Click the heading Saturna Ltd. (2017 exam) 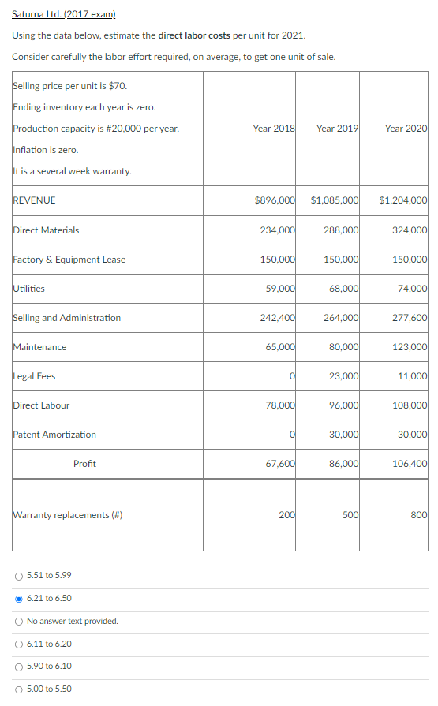(x=64, y=15)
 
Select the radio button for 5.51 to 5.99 (x=18, y=576)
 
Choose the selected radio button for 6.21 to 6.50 (x=18, y=598)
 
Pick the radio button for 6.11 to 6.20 (x=18, y=644)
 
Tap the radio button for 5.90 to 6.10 (x=18, y=666)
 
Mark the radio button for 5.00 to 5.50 (x=18, y=689)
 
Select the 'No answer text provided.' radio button (x=18, y=621)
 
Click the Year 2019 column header (x=337, y=129)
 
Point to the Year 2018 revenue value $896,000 (x=275, y=200)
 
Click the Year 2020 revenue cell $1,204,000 (x=403, y=200)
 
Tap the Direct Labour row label (x=41, y=405)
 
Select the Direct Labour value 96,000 (x=341, y=405)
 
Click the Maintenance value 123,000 (x=409, y=347)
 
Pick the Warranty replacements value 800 (x=418, y=515)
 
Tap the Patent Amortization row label (x=54, y=435)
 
